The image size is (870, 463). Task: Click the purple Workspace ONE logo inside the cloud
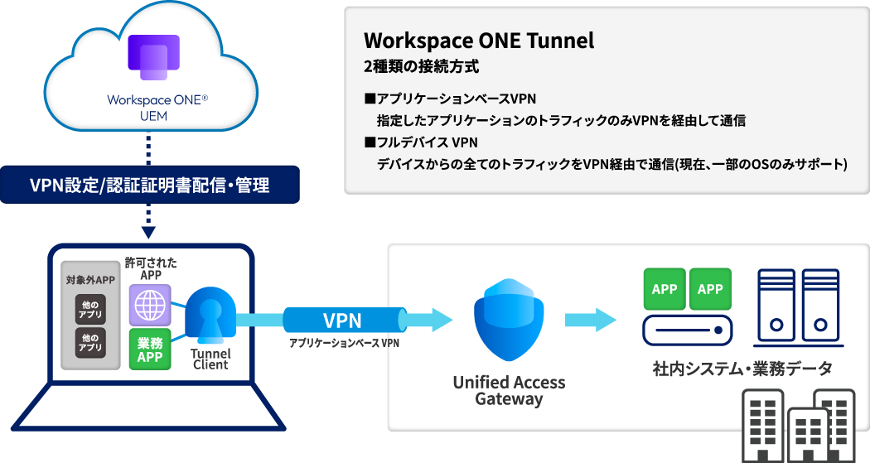[152, 58]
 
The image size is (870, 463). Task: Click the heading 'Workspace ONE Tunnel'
[479, 41]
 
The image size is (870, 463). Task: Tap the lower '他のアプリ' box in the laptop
[89, 342]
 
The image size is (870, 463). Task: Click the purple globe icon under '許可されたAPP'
[150, 304]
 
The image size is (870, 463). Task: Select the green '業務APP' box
[150, 349]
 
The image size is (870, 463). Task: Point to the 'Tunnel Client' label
[210, 359]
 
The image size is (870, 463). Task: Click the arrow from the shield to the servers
[591, 320]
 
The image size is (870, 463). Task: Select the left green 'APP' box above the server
[665, 289]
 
